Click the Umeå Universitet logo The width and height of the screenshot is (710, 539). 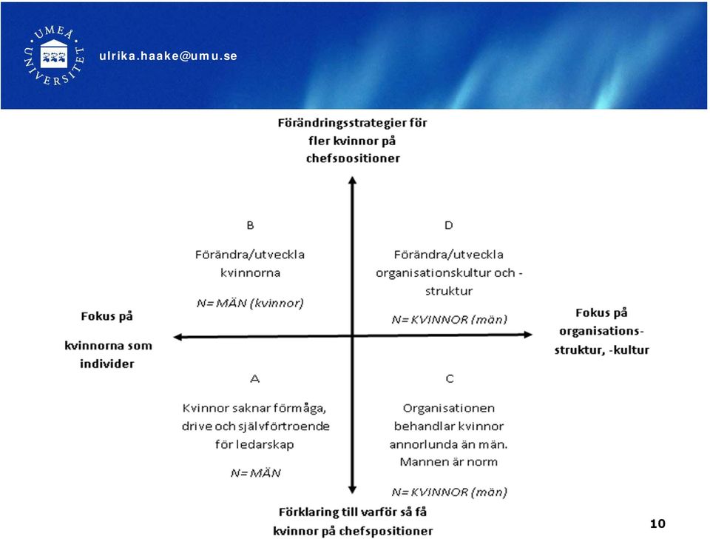[54, 56]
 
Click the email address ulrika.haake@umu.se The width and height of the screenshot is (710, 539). [168, 56]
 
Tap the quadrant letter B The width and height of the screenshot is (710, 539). [250, 225]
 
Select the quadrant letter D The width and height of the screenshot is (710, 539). [449, 225]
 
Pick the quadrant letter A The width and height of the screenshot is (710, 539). [255, 378]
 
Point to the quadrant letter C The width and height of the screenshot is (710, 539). [450, 378]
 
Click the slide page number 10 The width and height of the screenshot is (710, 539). [657, 523]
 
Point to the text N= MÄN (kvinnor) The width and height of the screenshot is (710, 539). [250, 303]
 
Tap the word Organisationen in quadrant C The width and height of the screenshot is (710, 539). [449, 409]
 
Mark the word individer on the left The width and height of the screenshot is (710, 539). [106, 364]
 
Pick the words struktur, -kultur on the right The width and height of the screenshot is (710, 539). [602, 350]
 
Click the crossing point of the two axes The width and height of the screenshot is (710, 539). [352, 336]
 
